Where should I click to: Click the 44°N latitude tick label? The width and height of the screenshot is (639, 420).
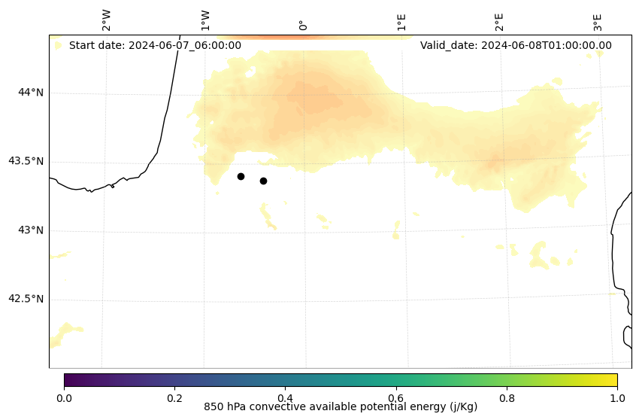pos(31,93)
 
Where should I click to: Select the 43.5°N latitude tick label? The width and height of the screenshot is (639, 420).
pos(26,161)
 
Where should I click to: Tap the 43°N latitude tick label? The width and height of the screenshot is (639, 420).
pos(31,230)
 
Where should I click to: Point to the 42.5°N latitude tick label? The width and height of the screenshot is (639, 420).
pos(26,299)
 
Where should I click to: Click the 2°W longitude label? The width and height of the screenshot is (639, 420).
pos(107,21)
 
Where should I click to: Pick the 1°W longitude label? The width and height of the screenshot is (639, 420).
pos(205,21)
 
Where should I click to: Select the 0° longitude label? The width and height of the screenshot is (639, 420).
pos(303,25)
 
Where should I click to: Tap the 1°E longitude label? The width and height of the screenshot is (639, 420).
pos(401,22)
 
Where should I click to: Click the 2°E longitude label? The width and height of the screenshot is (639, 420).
pos(499,22)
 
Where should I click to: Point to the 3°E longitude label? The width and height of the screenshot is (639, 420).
pos(598,22)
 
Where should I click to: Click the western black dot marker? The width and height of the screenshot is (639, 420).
pos(241,176)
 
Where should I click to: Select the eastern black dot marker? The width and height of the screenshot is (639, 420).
pos(263,181)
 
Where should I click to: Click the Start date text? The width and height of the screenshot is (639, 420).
pos(155,45)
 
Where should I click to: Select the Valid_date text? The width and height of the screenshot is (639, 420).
pos(516,45)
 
